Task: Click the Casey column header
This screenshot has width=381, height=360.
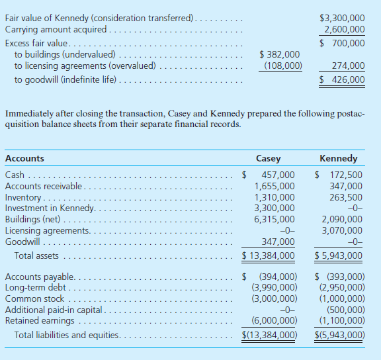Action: pyautogui.click(x=268, y=159)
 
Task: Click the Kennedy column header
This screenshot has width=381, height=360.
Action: pyautogui.click(x=338, y=159)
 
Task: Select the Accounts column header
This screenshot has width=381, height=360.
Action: pyautogui.click(x=24, y=159)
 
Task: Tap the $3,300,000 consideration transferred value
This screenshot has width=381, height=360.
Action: pyautogui.click(x=341, y=18)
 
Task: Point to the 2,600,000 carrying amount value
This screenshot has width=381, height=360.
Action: pyautogui.click(x=344, y=30)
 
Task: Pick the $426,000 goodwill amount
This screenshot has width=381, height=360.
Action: pyautogui.click(x=342, y=80)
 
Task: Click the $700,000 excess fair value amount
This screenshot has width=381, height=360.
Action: pyautogui.click(x=342, y=43)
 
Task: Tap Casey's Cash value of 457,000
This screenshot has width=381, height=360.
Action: pyautogui.click(x=278, y=175)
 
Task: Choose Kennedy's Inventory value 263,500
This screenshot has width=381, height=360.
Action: pyautogui.click(x=346, y=197)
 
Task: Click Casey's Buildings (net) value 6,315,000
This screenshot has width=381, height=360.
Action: pyautogui.click(x=275, y=219)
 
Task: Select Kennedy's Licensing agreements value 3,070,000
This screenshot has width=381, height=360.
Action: pyautogui.click(x=341, y=230)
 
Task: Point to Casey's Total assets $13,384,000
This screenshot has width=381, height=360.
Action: pyautogui.click(x=268, y=255)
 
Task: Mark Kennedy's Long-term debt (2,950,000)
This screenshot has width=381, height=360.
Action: pyautogui.click(x=341, y=287)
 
